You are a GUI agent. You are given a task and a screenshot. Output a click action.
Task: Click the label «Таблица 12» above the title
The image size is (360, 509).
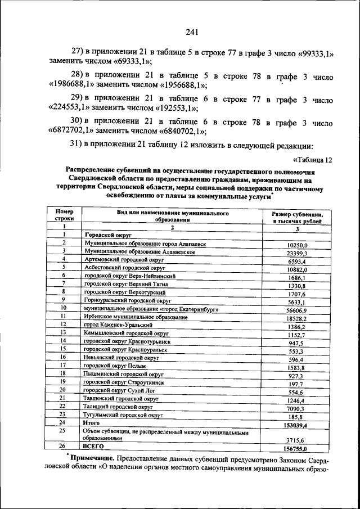coord(313,159)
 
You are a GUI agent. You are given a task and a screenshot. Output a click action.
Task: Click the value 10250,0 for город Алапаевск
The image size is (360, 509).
coord(296,245)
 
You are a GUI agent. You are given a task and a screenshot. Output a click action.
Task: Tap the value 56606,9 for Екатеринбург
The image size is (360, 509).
coord(296,310)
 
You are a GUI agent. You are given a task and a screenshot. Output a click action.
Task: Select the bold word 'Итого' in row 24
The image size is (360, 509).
coord(92,423)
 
